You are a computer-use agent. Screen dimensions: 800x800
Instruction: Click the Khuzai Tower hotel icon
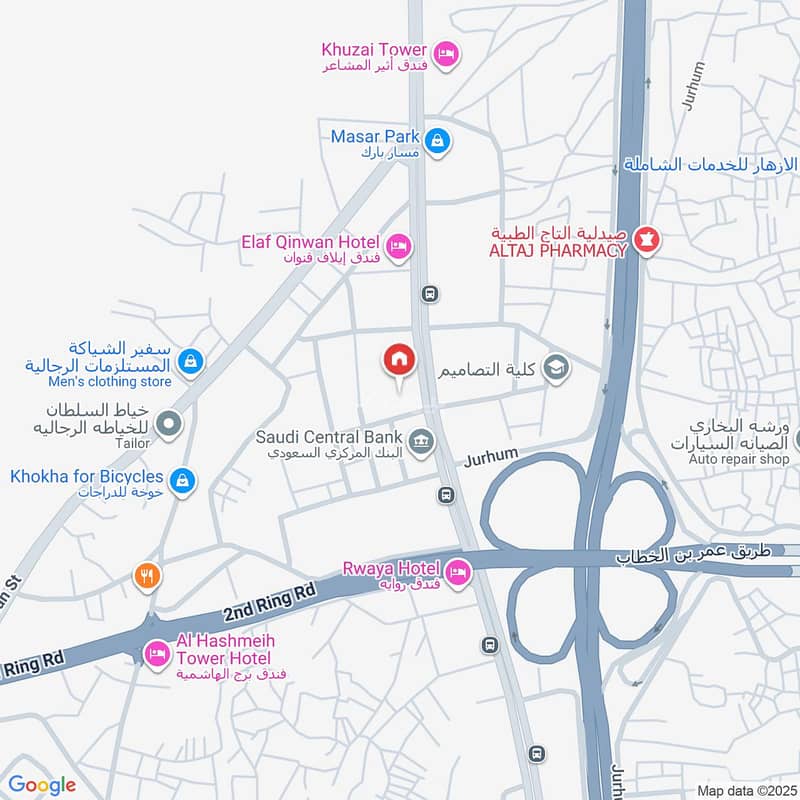point(446,51)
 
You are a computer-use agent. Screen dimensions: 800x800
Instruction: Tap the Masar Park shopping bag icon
point(437,143)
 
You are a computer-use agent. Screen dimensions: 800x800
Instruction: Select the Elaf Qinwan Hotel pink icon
point(398,245)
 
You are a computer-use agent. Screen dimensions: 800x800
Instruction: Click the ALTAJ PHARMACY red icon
point(647,240)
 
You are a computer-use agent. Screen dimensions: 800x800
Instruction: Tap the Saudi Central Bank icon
point(422,439)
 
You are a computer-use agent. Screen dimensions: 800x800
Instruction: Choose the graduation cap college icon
point(556,370)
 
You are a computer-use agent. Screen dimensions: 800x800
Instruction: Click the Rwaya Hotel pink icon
point(458,572)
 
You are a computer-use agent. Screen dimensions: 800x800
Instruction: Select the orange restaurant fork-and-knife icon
point(147,575)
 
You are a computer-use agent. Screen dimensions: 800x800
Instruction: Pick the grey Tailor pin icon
point(168,425)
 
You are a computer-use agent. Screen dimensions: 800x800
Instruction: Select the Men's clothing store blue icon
point(193,361)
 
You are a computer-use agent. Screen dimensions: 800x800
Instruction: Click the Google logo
point(42,785)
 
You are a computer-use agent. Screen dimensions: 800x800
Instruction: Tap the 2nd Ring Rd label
point(267,603)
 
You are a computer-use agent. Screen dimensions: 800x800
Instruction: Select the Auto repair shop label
point(739,459)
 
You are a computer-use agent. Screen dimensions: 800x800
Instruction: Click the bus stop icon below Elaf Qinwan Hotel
point(430,294)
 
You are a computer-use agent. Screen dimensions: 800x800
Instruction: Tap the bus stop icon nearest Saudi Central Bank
point(446,495)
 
